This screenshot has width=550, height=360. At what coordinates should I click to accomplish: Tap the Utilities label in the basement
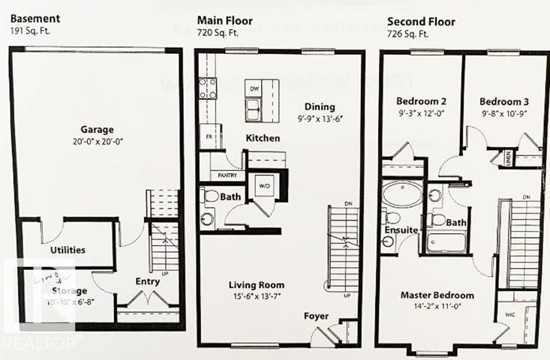point(67,250)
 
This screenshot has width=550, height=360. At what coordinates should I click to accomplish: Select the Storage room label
point(70,290)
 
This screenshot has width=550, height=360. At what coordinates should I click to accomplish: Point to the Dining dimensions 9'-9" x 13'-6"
point(320,118)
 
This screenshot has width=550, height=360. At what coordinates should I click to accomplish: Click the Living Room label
point(256,285)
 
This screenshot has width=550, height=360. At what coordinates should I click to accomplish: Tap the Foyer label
point(316,316)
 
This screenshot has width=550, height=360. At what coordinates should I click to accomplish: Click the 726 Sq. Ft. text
point(408,34)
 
